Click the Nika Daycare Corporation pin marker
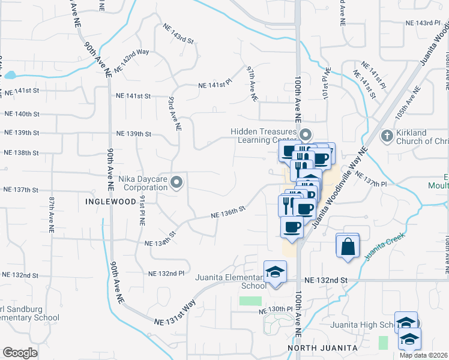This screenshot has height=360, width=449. coord(176,182)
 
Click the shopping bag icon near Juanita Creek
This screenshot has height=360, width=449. coord(348,246)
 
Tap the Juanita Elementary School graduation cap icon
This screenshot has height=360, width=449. coord(276,272)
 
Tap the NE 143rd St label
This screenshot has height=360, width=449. coord(179,34)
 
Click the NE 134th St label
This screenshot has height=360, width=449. coord(160,239)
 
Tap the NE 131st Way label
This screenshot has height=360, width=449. coord(176,313)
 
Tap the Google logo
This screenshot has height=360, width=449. coord(20,353)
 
